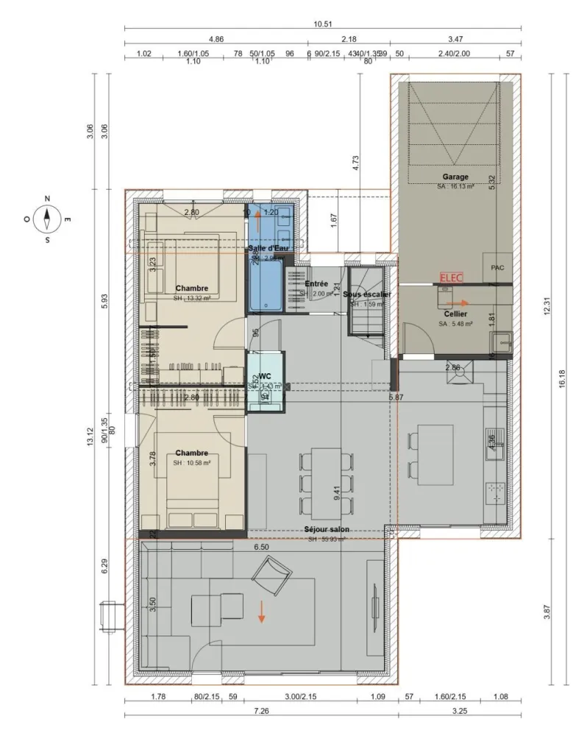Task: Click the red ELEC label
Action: (x=449, y=278)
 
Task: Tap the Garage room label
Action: (x=455, y=177)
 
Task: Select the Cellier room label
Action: (x=455, y=314)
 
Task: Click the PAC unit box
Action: (x=497, y=268)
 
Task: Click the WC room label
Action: (x=265, y=375)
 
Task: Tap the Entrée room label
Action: (x=316, y=283)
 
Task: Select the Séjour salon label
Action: (x=327, y=529)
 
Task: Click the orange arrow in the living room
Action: (x=261, y=612)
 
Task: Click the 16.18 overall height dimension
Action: (x=562, y=378)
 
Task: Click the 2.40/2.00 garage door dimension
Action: (x=454, y=54)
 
